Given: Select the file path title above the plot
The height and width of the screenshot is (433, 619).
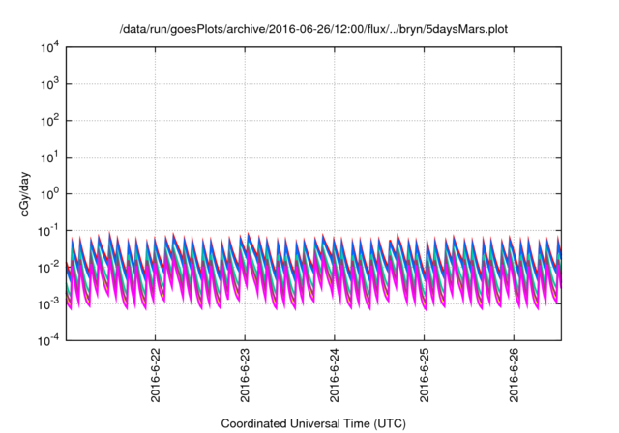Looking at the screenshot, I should pyautogui.click(x=312, y=30).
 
